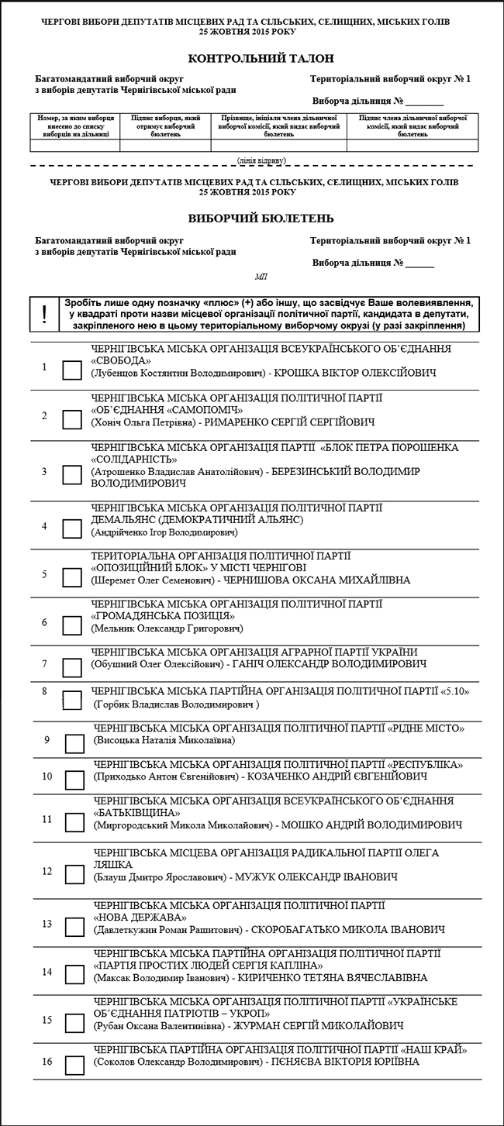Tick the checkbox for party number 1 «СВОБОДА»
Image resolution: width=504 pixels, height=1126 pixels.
tap(71, 371)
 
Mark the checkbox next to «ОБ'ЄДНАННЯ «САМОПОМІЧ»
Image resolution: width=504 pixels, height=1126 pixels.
tap(71, 420)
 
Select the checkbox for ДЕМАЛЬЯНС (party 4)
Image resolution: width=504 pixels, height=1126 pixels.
tap(71, 529)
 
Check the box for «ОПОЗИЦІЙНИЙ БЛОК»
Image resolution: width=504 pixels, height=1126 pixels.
tap(71, 577)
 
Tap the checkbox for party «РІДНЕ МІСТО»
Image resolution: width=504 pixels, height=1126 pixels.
tap(74, 743)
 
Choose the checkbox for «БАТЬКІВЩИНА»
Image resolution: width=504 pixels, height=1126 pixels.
tap(74, 822)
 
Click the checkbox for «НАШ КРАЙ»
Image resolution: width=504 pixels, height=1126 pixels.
tap(74, 1065)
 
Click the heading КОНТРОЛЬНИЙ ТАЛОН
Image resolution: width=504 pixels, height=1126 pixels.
tap(251, 59)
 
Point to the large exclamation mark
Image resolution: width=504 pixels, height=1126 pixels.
tap(44, 315)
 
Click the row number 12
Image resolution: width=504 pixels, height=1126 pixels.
tap(47, 871)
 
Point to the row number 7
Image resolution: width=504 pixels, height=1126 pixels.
tap(45, 664)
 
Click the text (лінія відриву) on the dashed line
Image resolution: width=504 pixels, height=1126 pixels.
tap(261, 160)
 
